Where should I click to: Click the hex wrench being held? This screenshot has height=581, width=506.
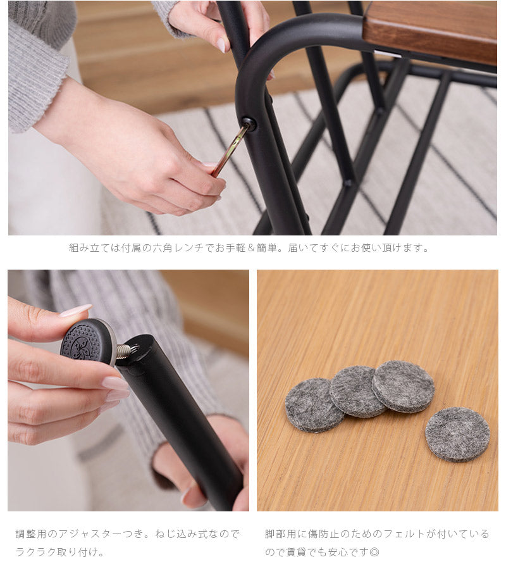click(230, 150)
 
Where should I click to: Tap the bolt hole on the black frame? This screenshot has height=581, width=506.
click(248, 123)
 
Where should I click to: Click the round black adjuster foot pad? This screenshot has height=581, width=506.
click(88, 342)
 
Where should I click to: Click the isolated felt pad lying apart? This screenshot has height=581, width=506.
click(457, 434)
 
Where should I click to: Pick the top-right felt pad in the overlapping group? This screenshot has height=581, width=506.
click(403, 386)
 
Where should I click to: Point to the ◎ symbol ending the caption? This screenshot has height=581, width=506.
click(374, 552)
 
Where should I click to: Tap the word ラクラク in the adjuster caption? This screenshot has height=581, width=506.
click(36, 552)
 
